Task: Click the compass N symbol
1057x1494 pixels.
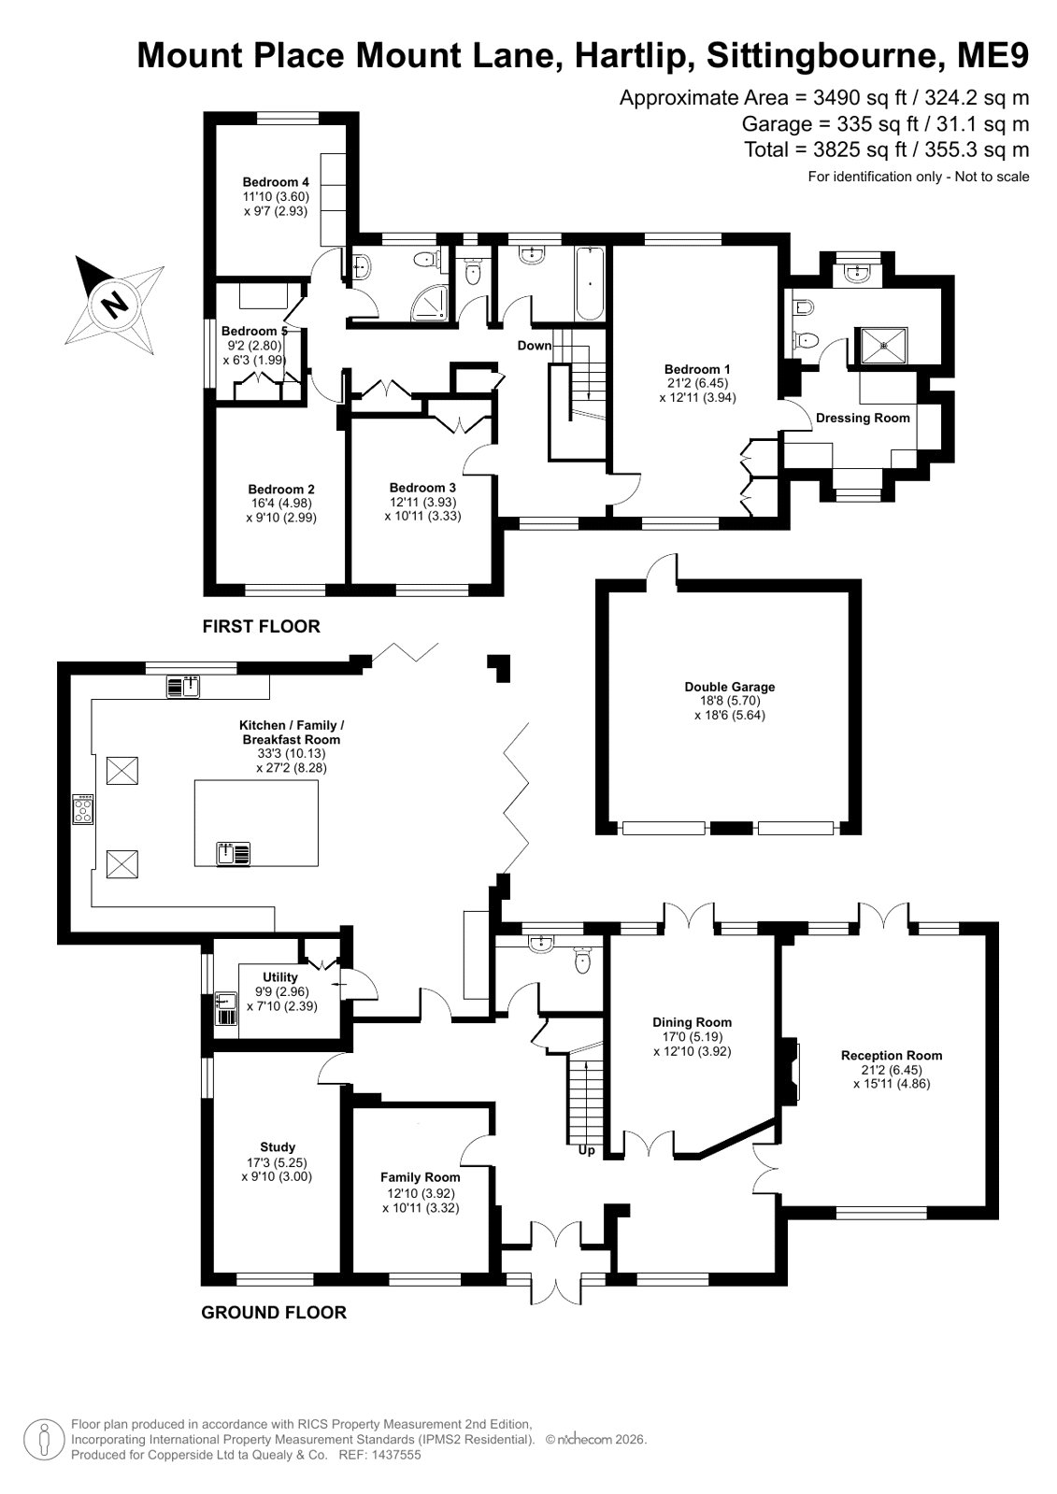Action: click(116, 305)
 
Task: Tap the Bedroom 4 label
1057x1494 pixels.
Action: click(276, 182)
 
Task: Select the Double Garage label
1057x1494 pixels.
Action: click(729, 687)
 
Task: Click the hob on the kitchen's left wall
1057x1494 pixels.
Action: click(83, 809)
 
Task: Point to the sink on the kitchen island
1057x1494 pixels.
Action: click(233, 854)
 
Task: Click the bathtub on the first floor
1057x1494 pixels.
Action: click(590, 284)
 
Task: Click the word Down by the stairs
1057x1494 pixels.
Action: click(535, 346)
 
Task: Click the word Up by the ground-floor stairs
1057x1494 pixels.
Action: click(587, 1150)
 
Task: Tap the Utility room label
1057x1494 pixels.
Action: click(280, 977)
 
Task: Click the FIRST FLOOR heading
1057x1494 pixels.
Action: click(262, 626)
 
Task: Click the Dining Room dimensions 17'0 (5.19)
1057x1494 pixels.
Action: click(692, 1037)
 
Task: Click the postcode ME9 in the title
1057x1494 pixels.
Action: click(993, 55)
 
